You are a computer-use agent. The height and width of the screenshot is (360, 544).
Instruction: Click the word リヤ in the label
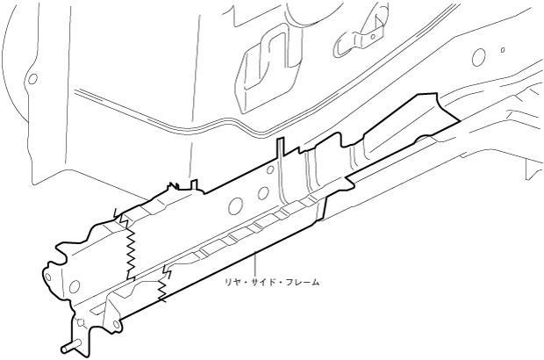click(x=230, y=283)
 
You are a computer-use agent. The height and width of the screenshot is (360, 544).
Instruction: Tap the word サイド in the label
click(x=261, y=283)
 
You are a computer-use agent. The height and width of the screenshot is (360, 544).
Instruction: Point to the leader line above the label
click(x=254, y=263)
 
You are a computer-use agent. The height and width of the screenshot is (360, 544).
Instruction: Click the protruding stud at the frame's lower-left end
click(x=68, y=345)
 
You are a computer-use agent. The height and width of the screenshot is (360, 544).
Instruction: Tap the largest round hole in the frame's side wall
click(x=234, y=206)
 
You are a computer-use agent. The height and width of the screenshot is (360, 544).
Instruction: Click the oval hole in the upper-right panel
click(x=478, y=57)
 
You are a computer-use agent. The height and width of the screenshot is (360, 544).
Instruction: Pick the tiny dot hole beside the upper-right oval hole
click(x=503, y=51)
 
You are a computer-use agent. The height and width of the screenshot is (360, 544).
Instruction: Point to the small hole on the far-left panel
click(x=32, y=78)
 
